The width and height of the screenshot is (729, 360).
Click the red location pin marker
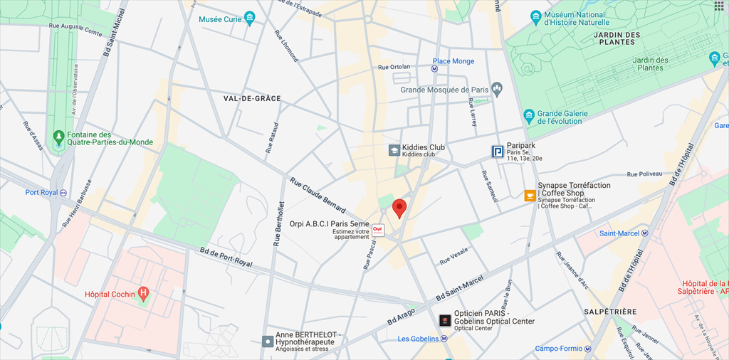pos(399,208)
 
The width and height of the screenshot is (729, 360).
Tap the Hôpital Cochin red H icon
pos(144,293)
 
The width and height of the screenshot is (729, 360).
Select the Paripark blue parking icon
pos(498,151)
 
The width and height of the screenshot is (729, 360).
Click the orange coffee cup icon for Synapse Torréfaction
pos(530,196)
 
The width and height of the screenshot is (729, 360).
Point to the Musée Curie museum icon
pos(249,19)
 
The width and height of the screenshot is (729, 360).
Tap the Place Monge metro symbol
pos(435,70)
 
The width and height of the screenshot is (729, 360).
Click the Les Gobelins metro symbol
pos(444,339)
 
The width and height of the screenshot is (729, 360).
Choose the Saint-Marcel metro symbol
pos(645,233)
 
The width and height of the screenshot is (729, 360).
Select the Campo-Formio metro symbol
pos(588,349)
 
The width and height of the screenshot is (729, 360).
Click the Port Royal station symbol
pos(63,192)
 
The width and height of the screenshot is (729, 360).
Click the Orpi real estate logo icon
pos(378,231)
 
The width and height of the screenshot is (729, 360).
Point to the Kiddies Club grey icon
pos(394,150)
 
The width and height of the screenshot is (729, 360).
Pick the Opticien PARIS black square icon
pos(445,320)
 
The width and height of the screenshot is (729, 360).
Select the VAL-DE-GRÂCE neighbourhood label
pos(252,98)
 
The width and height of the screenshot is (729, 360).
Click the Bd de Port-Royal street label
pos(226,258)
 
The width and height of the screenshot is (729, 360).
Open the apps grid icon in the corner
pos(718,6)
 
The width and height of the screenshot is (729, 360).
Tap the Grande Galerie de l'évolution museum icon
pos(529,115)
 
